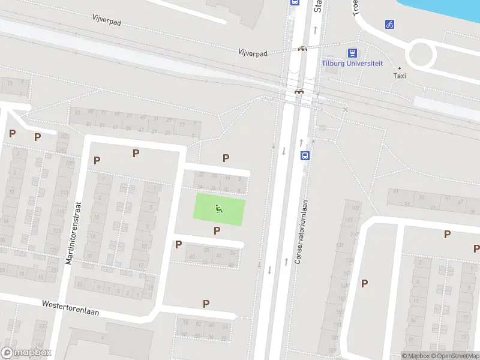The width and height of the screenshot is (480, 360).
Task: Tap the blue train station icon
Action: click(x=352, y=53)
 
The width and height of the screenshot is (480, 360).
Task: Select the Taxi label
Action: click(x=400, y=76)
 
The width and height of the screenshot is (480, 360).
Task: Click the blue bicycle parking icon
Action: click(x=390, y=25)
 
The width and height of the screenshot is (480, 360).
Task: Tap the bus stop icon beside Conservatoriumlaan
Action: click(x=305, y=155)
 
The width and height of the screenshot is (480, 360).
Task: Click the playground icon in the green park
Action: click(x=219, y=209)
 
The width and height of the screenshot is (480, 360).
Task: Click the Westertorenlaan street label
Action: click(x=70, y=308)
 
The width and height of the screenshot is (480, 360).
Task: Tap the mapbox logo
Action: click(x=26, y=353)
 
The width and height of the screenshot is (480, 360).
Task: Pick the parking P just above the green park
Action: click(x=226, y=158)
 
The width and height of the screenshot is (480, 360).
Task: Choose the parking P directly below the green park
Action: click(x=217, y=230)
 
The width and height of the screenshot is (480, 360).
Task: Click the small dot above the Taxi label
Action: click(x=400, y=68)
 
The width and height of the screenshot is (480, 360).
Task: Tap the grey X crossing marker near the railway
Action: click(x=345, y=109)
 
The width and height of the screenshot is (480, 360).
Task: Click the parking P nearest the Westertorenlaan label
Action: click(x=206, y=304)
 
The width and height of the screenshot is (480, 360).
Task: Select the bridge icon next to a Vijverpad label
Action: click(x=303, y=49)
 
